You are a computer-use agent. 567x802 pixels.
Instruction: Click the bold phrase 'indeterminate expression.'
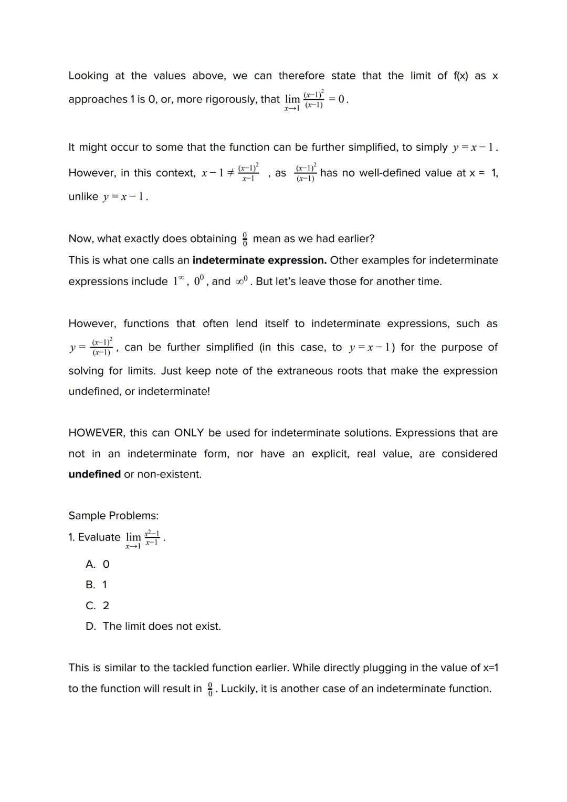pyautogui.click(x=259, y=261)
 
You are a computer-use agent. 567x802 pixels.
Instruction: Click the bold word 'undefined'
pyautogui.click(x=94, y=474)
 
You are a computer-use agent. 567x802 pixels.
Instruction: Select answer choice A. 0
pyautogui.click(x=98, y=565)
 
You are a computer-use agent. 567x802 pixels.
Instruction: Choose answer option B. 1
pyautogui.click(x=97, y=585)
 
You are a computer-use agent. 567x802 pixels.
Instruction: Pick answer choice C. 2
pyautogui.click(x=98, y=606)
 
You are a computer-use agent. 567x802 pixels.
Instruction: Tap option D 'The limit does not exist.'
pyautogui.click(x=153, y=627)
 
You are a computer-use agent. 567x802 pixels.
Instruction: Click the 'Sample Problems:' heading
pyautogui.click(x=113, y=516)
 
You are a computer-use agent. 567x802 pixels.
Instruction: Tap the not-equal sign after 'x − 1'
pyautogui.click(x=230, y=173)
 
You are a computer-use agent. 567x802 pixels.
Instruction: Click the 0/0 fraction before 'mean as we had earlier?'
pyautogui.click(x=245, y=239)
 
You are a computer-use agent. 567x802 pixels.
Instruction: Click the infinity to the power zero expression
pyautogui.click(x=241, y=281)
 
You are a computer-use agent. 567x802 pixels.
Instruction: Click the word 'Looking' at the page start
pyautogui.click(x=88, y=76)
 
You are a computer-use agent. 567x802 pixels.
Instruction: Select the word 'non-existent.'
pyautogui.click(x=169, y=474)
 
